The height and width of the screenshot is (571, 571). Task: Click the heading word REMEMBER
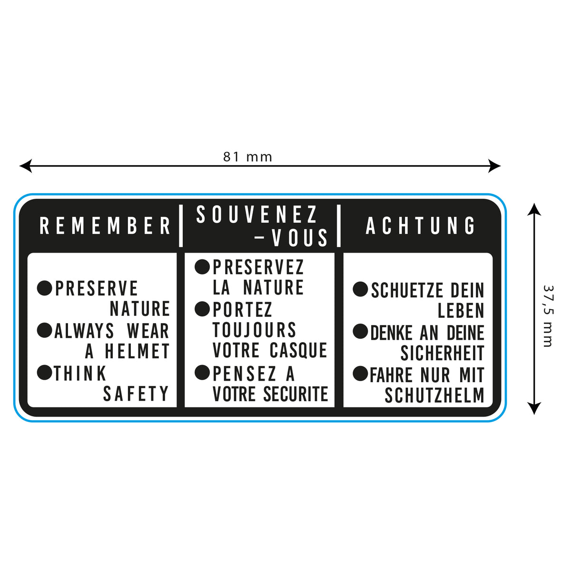point(105,226)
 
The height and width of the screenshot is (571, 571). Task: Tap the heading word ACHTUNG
point(421,226)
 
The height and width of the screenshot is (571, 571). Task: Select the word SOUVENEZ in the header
point(257,215)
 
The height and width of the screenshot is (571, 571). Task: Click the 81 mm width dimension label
point(247,157)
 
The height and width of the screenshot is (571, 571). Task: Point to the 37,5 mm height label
point(548,316)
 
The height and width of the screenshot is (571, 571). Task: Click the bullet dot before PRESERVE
point(44,288)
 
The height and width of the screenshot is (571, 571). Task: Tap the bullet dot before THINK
point(44,373)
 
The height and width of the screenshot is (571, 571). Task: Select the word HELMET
point(137,352)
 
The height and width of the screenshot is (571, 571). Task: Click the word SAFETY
point(136,394)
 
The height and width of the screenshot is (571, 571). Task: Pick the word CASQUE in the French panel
point(298,350)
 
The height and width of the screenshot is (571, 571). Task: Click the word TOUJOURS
point(254,330)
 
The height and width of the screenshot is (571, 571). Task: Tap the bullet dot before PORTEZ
point(202,309)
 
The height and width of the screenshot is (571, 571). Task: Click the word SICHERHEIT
point(442,353)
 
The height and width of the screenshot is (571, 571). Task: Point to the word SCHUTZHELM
point(434,395)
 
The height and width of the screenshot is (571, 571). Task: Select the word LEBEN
point(461,311)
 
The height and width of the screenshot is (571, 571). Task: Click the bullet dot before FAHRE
point(360,374)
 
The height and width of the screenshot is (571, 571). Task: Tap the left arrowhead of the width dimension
point(24,166)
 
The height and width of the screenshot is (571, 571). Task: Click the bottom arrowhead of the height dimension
point(534,409)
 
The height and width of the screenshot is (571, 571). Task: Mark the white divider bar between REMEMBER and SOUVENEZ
point(181,226)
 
